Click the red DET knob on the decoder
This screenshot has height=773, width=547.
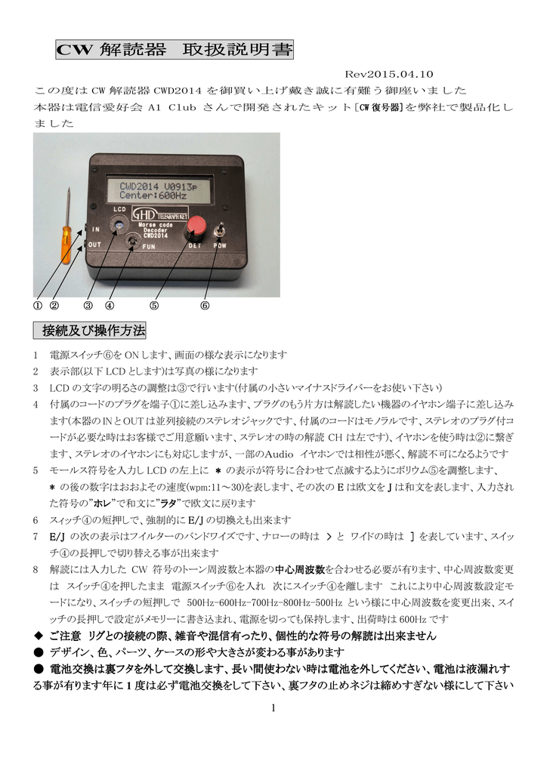click(197, 226)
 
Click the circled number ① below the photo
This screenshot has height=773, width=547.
click(36, 306)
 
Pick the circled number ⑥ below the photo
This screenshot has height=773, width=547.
click(204, 306)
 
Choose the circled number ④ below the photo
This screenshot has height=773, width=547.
click(110, 306)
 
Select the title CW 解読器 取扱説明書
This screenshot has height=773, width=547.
click(175, 51)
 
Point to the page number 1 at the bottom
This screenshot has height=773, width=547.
click(273, 707)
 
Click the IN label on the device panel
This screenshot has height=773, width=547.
click(96, 229)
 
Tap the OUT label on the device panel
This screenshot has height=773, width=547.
click(94, 245)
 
